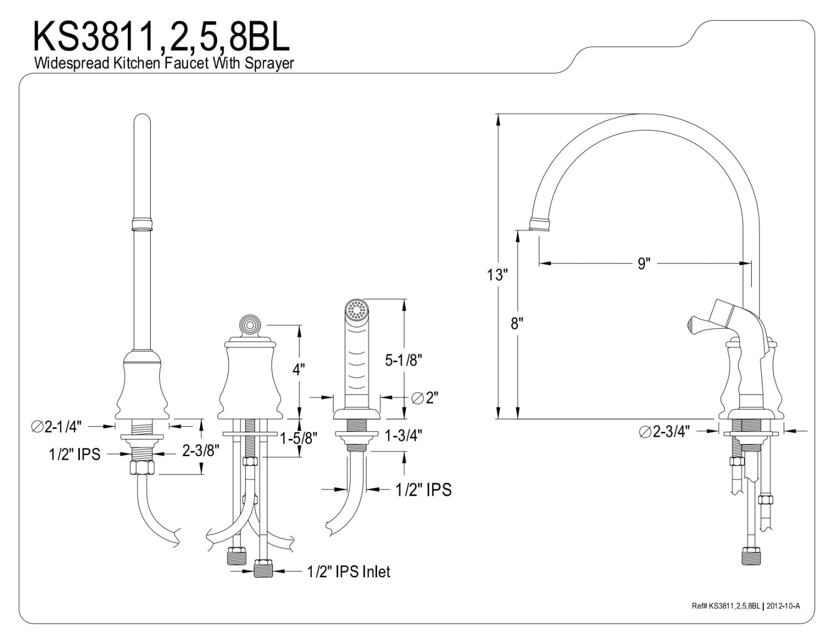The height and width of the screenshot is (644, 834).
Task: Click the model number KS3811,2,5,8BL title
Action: coord(162,36)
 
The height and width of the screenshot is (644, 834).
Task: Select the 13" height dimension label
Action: coord(498,274)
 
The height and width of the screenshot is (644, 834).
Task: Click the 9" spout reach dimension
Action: coord(644,263)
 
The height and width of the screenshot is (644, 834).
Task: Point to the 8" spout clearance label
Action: coord(518,323)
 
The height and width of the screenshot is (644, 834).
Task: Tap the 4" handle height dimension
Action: coord(299,370)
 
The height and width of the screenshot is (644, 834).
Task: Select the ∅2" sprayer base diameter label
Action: coord(425,398)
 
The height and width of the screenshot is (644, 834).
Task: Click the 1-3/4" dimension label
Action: coord(403,435)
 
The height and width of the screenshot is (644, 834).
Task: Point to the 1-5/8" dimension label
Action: coord(299,438)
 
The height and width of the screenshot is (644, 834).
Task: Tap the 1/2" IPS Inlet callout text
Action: coord(349,571)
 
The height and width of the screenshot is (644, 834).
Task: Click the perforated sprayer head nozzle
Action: coord(355,309)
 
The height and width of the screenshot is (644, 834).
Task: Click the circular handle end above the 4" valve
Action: coord(249,325)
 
